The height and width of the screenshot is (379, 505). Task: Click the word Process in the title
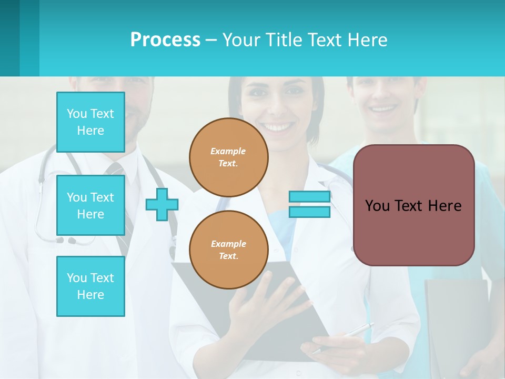coord(165,40)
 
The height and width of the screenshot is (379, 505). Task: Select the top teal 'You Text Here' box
coord(90,122)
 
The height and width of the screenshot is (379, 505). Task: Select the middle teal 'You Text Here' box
coord(90,205)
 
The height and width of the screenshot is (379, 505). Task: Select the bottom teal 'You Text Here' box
coord(90,286)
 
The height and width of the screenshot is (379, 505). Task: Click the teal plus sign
coord(162,204)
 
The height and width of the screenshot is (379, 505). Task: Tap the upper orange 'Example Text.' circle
coord(229,157)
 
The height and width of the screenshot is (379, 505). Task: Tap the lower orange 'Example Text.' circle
coord(229,250)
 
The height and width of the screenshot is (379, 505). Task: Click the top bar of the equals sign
coord(309,196)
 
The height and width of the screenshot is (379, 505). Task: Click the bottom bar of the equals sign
coord(309,212)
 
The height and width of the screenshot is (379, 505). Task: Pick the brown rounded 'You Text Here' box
coord(414,205)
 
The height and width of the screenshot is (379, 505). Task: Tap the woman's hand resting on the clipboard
coord(263,305)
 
